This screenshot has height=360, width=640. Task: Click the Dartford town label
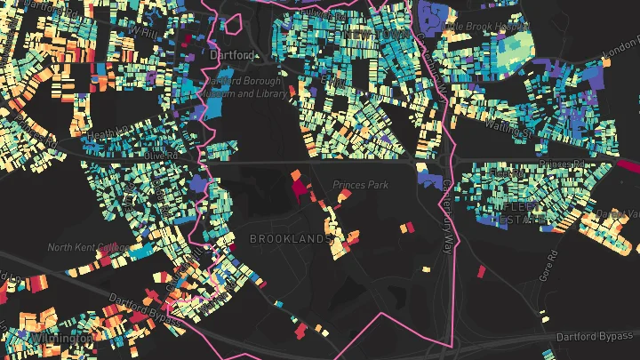click(x=230, y=54)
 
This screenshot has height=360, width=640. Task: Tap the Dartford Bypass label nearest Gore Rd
click(x=596, y=338)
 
